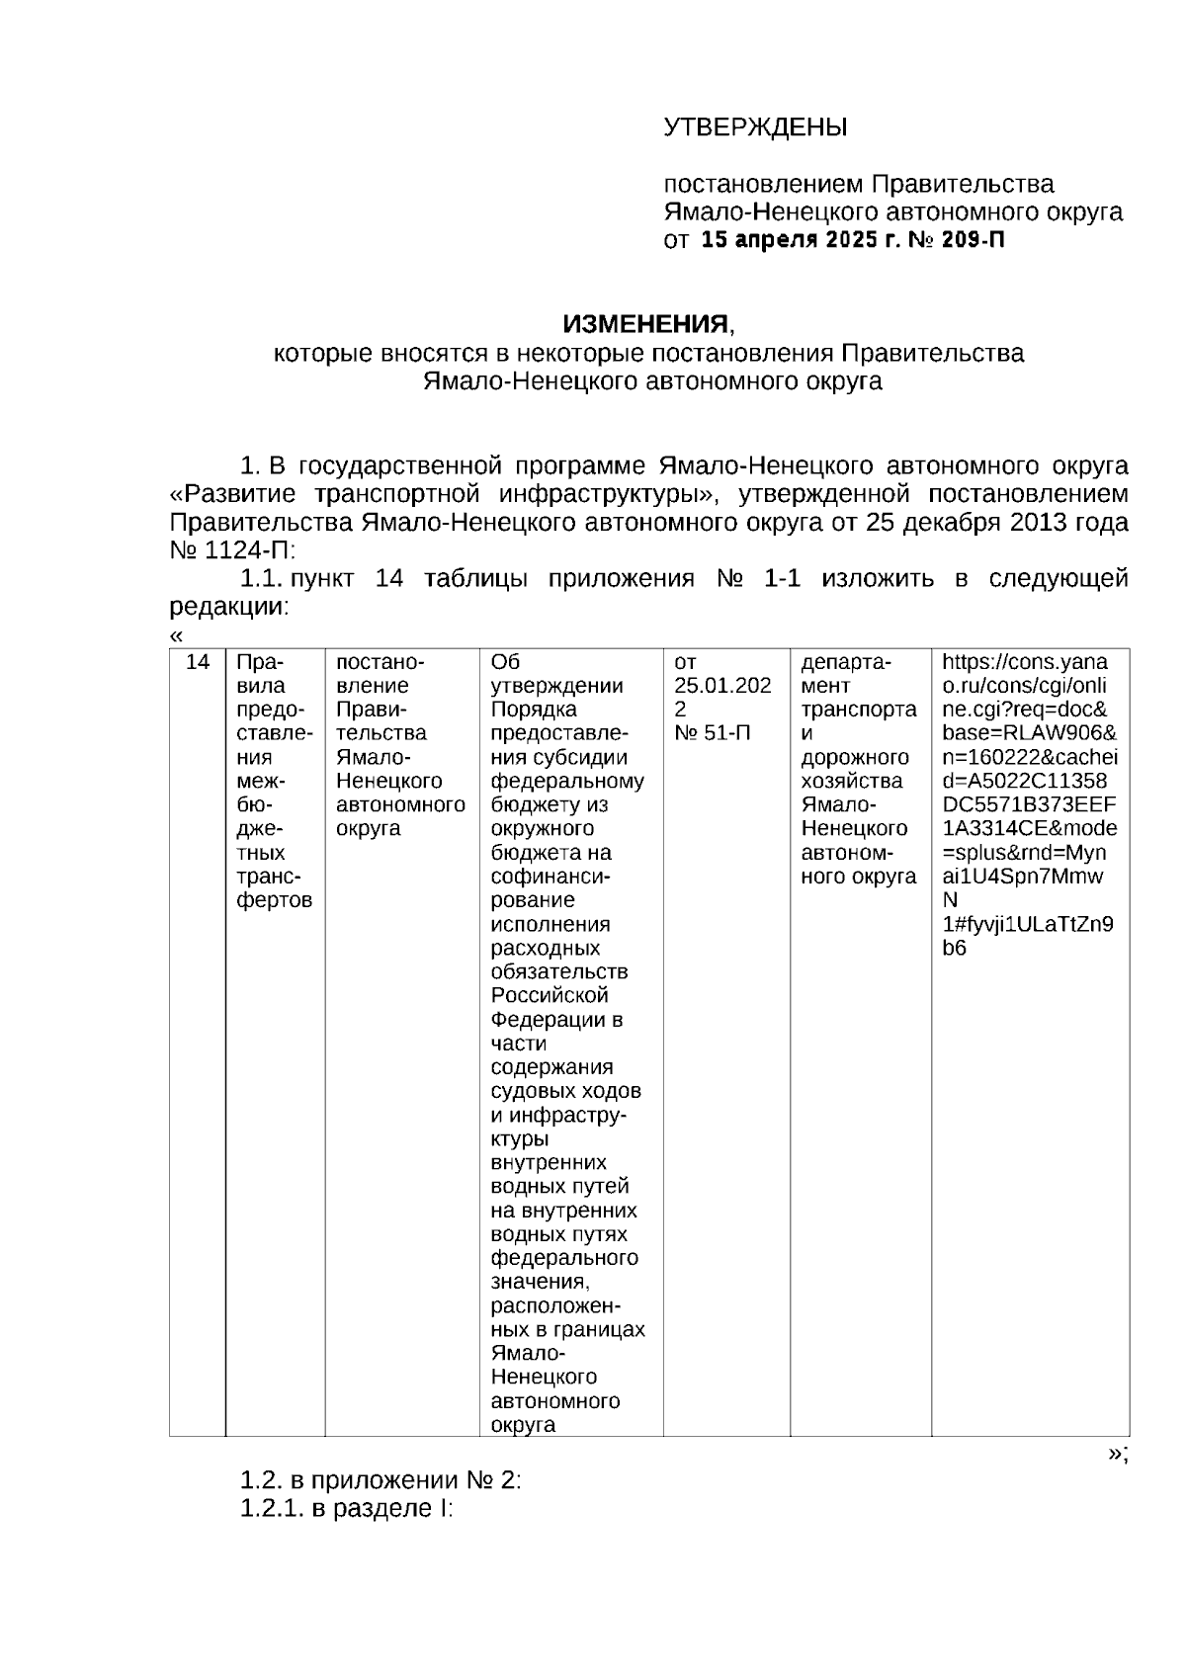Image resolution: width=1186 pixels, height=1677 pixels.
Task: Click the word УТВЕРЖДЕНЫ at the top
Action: [x=754, y=127]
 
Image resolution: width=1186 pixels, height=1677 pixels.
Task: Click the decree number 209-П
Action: [x=973, y=240]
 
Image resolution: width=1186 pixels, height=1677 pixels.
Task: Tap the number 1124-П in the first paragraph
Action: [x=248, y=550]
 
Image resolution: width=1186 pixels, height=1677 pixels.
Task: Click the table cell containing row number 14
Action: [x=198, y=662]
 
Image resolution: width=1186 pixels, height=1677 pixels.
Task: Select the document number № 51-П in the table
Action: [x=712, y=733]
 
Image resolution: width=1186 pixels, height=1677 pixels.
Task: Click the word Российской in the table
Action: [x=550, y=995]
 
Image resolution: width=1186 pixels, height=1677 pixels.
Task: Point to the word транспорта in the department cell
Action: [x=858, y=710]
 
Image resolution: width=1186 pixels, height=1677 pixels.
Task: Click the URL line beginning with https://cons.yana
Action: [x=1024, y=662]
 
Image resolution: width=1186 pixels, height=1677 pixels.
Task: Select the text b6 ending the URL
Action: [x=954, y=949]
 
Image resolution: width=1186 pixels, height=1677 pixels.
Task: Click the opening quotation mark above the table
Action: [x=176, y=636]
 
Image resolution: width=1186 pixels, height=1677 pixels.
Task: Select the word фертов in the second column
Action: [x=275, y=900]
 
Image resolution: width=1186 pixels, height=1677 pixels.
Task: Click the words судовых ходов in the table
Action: [x=565, y=1091]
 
